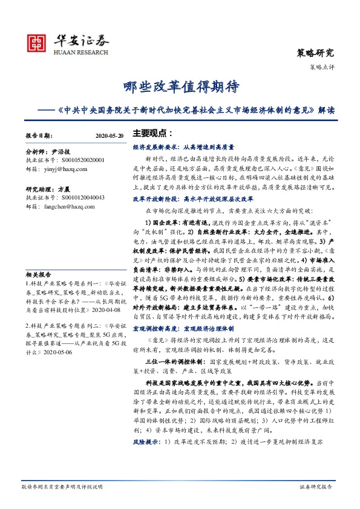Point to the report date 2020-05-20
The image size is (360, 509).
pyautogui.click(x=110, y=136)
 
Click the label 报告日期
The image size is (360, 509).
pyautogui.click(x=39, y=136)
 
